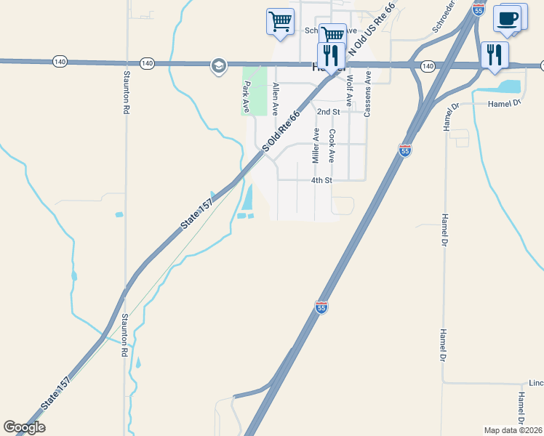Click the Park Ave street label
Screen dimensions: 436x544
pyautogui.click(x=246, y=97)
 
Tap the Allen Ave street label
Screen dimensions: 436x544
pyautogui.click(x=276, y=99)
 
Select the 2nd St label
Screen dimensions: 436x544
pyautogui.click(x=329, y=112)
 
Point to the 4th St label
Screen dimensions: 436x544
pyautogui.click(x=321, y=180)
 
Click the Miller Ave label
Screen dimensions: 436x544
pyautogui.click(x=316, y=146)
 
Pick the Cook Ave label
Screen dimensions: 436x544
pyautogui.click(x=332, y=146)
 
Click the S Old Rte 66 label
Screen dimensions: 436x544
pyautogui.click(x=281, y=132)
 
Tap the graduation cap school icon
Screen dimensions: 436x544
pyautogui.click(x=217, y=66)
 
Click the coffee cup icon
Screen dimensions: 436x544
pyautogui.click(x=508, y=18)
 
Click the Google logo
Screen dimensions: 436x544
pyautogui.click(x=24, y=427)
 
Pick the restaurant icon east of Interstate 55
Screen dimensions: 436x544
pyautogui.click(x=495, y=54)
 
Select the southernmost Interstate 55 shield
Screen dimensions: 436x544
pyautogui.click(x=322, y=308)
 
